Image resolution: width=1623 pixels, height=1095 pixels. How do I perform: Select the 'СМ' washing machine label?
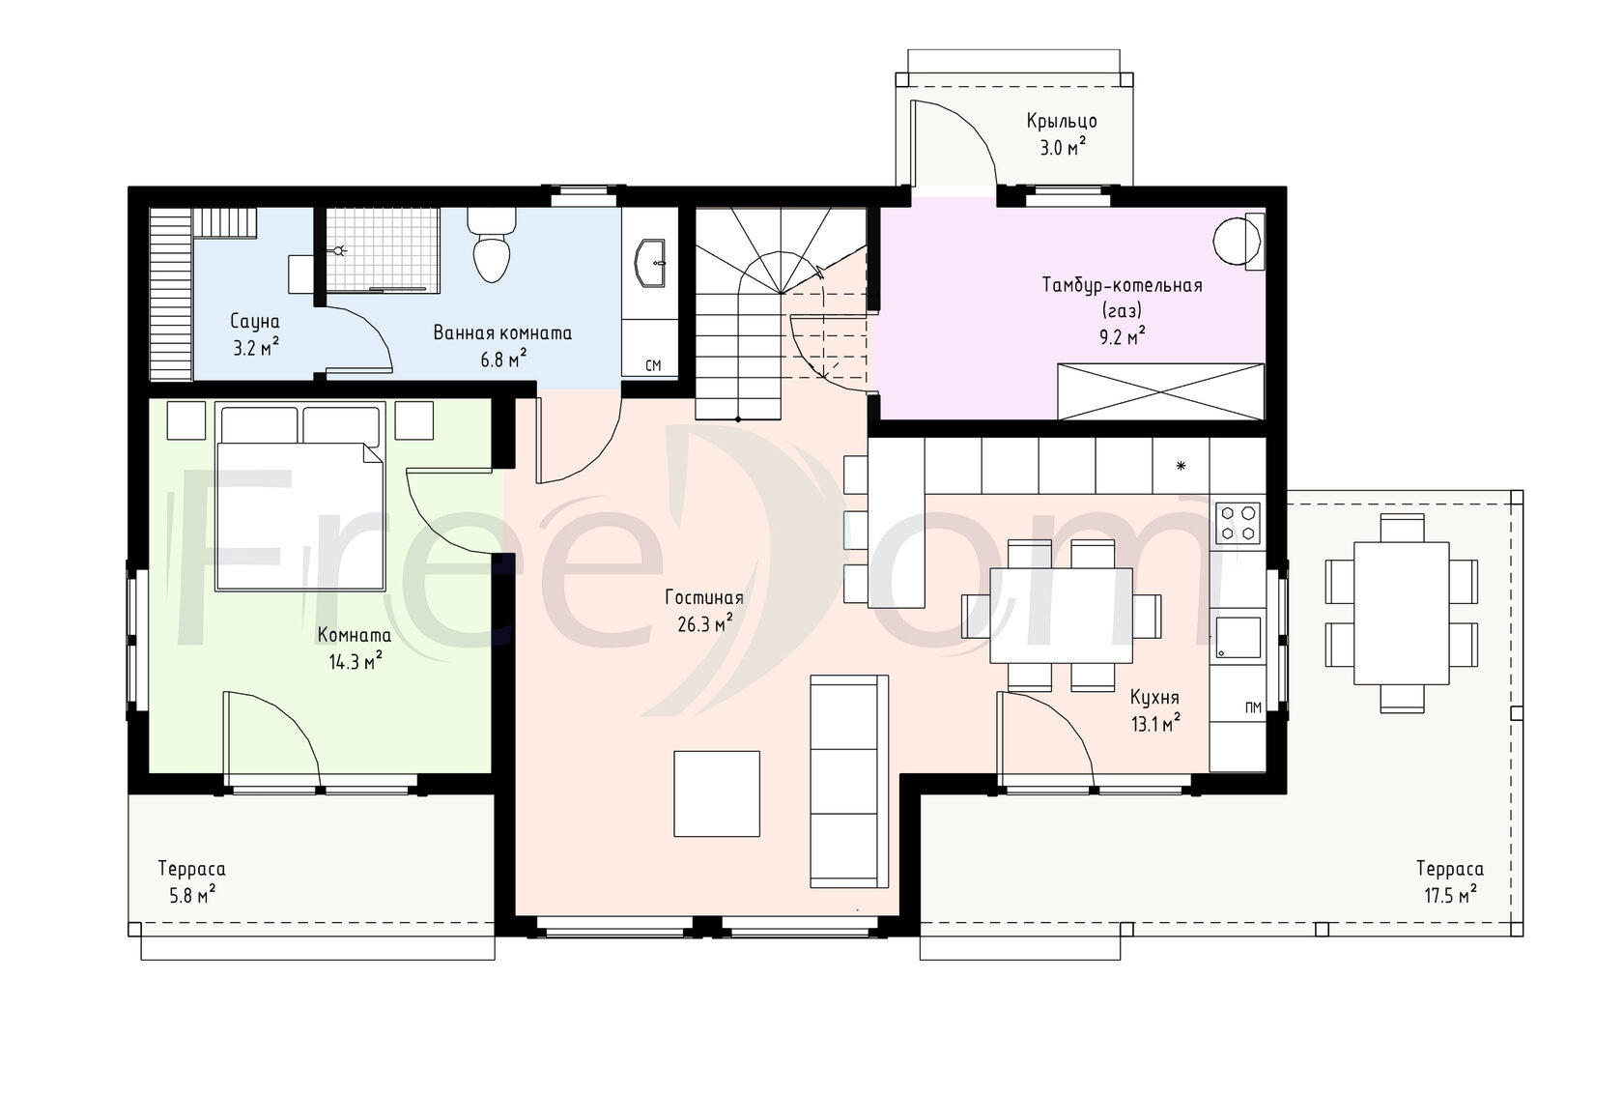point(653,366)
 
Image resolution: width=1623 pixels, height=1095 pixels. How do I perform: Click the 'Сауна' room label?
point(255,321)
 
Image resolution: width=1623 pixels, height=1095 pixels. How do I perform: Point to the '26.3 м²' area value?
point(704,623)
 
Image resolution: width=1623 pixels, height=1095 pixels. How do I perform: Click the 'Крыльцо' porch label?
point(1062,122)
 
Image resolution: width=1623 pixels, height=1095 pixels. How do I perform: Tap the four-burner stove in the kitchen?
point(1238,522)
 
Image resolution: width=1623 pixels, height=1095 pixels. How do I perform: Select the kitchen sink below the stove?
point(1239,638)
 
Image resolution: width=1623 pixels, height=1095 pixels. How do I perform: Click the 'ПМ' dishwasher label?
point(1253,708)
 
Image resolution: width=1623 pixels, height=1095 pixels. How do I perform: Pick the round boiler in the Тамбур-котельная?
point(1237,241)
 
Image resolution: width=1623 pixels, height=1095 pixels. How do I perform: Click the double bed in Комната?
point(299,497)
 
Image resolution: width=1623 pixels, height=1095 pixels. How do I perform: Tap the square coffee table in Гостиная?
point(717,793)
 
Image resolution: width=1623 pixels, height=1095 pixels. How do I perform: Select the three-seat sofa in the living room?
point(849,781)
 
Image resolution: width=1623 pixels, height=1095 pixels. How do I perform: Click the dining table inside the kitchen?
point(1061,616)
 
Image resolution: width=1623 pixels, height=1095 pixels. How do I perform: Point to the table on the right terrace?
point(1401,613)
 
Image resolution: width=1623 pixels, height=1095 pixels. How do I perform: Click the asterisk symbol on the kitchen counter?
point(1181,466)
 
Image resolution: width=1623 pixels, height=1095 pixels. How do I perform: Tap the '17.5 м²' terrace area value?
point(1451,895)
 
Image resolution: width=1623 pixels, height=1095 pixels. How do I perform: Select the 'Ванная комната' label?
point(502,333)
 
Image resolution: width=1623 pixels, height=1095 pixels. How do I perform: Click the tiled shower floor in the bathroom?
point(383,249)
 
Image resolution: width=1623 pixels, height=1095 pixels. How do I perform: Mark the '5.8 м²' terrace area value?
point(192,895)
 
